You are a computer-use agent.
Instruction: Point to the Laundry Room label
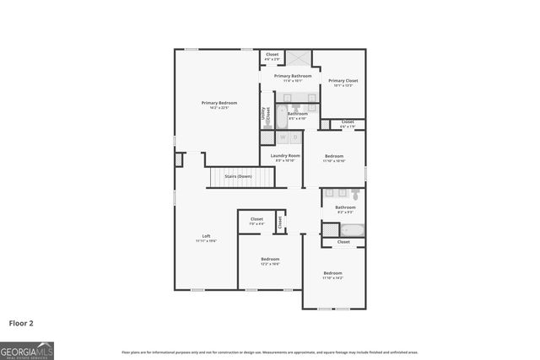pyautogui.click(x=285, y=155)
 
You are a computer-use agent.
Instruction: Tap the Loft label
pyautogui.click(x=206, y=236)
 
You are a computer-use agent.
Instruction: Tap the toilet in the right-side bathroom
pyautogui.click(x=355, y=195)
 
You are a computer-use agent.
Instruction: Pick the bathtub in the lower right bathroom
pyautogui.click(x=354, y=228)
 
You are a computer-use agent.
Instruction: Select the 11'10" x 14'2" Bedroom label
pyautogui.click(x=333, y=273)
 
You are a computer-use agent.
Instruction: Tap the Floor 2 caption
pyautogui.click(x=22, y=323)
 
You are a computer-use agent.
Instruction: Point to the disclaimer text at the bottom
pyautogui.click(x=269, y=352)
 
